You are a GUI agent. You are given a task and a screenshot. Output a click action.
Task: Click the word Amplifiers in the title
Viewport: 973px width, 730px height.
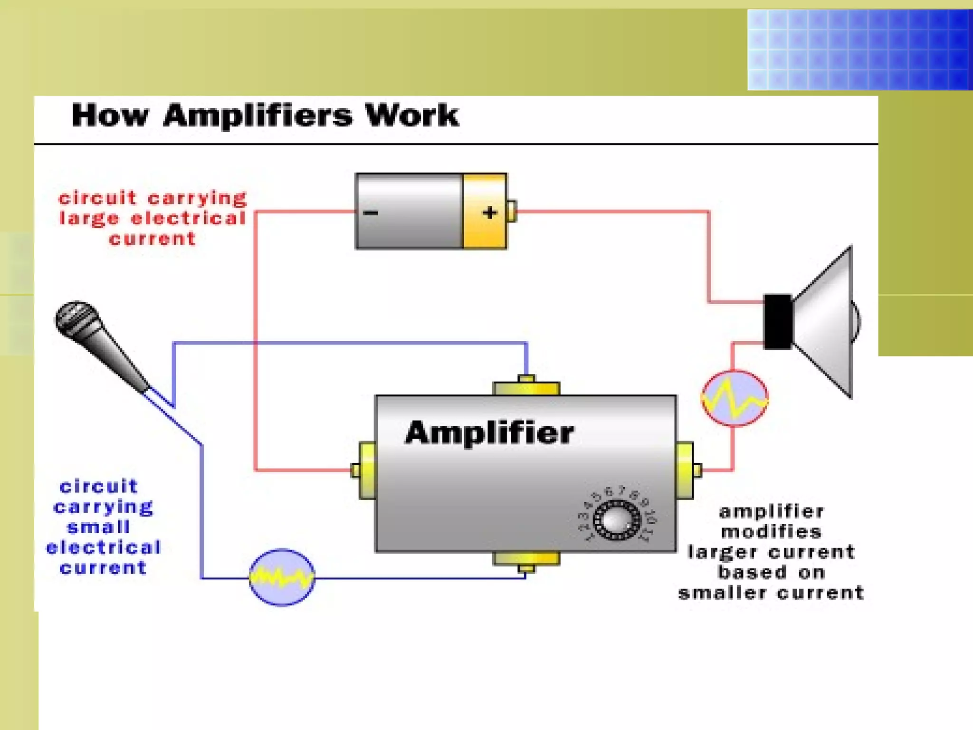(258, 116)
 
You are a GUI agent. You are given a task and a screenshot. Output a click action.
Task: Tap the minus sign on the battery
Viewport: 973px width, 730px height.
(371, 212)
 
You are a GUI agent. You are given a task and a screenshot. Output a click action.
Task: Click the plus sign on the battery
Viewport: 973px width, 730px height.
(490, 212)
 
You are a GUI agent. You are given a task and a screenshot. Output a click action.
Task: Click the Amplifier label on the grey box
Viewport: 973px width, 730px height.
(489, 432)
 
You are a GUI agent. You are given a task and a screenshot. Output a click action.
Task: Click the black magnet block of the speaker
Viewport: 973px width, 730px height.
(777, 322)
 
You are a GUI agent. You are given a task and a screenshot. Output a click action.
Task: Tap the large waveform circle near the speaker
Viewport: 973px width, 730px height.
(735, 398)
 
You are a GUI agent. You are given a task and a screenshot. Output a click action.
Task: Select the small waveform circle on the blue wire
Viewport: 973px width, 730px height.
(282, 577)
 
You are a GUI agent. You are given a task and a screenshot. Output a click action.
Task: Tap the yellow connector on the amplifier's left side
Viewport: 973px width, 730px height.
(366, 471)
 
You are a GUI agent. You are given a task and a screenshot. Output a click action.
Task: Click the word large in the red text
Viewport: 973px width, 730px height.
(89, 219)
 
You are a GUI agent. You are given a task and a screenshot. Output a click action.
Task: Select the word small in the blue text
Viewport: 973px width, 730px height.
(98, 527)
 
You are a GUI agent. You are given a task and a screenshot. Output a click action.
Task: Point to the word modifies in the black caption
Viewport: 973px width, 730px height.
(771, 532)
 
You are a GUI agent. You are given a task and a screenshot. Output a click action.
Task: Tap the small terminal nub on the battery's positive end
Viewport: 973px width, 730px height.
(512, 211)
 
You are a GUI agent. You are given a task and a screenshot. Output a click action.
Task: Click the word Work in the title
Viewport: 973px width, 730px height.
(411, 116)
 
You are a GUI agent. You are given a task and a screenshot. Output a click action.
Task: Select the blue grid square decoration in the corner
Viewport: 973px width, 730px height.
(859, 49)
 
